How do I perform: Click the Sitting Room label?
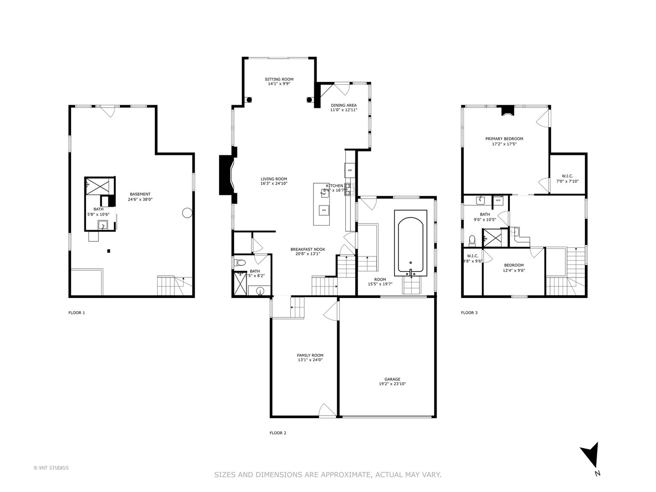point(279,79)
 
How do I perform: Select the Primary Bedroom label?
point(504,139)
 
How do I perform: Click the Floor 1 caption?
point(77,313)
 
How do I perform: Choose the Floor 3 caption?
point(469,313)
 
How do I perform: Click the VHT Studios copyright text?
point(51,468)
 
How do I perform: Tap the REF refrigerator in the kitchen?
point(350,170)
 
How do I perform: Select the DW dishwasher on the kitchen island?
point(324,210)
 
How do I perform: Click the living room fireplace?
point(227,175)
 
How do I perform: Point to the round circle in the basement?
point(187,212)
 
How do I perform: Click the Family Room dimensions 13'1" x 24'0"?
point(310,360)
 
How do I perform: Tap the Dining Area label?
point(343,105)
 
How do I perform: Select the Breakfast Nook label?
point(307,249)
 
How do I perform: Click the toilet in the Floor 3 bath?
point(472,239)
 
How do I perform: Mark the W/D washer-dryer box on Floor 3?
point(498,200)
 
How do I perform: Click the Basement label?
point(139,195)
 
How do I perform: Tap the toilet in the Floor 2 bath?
point(240,262)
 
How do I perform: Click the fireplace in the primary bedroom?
point(507,111)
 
